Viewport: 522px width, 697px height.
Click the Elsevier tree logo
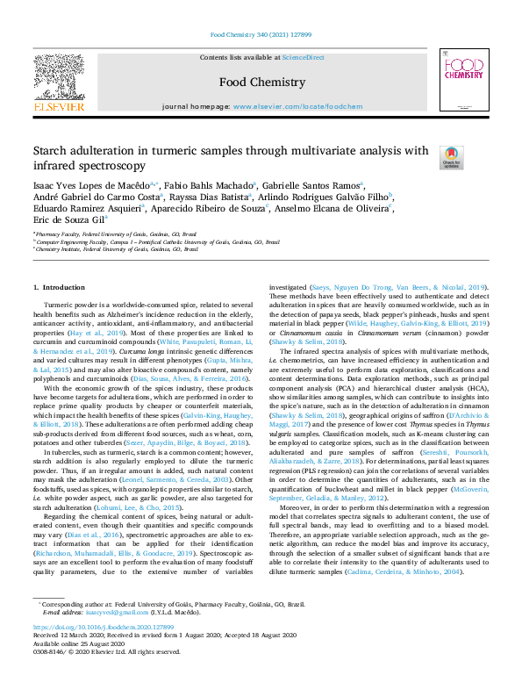pos(58,80)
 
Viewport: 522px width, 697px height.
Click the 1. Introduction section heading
pos(59,288)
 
